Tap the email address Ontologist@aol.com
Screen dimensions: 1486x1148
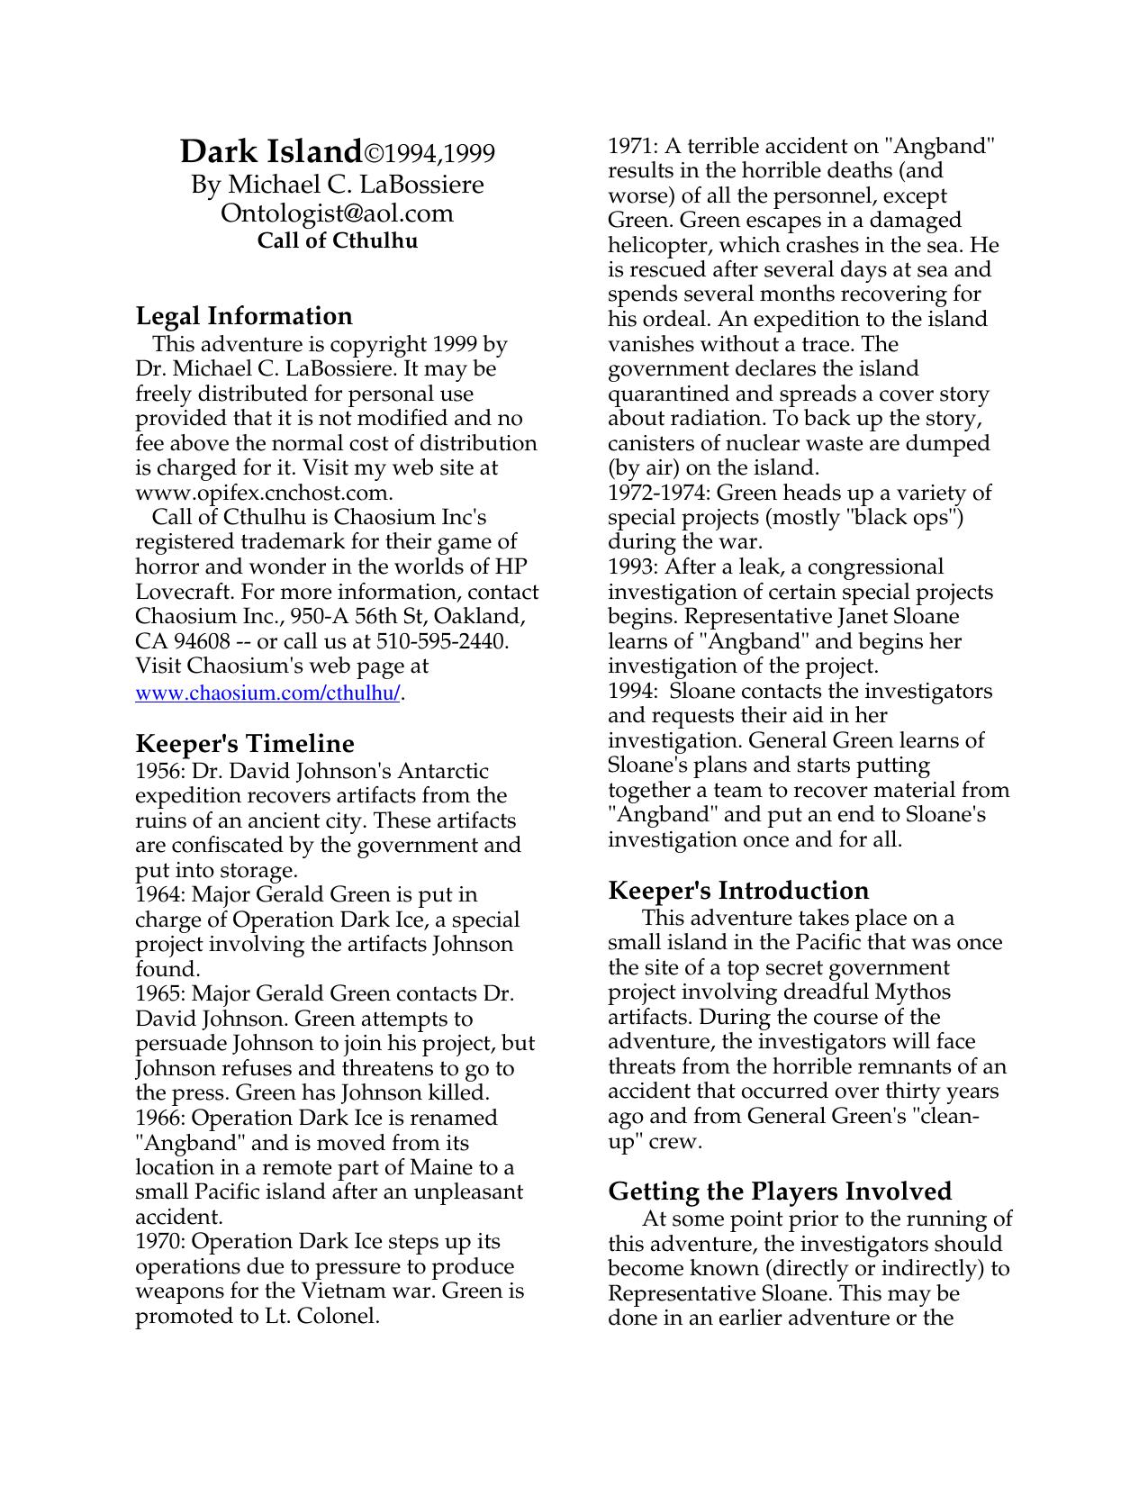337,213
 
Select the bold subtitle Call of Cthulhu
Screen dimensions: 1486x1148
337,240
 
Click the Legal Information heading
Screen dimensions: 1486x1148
244,316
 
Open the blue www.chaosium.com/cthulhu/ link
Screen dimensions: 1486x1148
267,693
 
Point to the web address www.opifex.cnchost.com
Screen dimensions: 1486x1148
263,493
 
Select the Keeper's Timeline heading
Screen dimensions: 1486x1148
245,744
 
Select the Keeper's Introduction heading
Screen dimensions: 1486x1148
738,891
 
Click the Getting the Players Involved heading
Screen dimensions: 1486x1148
780,1192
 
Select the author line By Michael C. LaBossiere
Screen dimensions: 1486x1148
337,185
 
